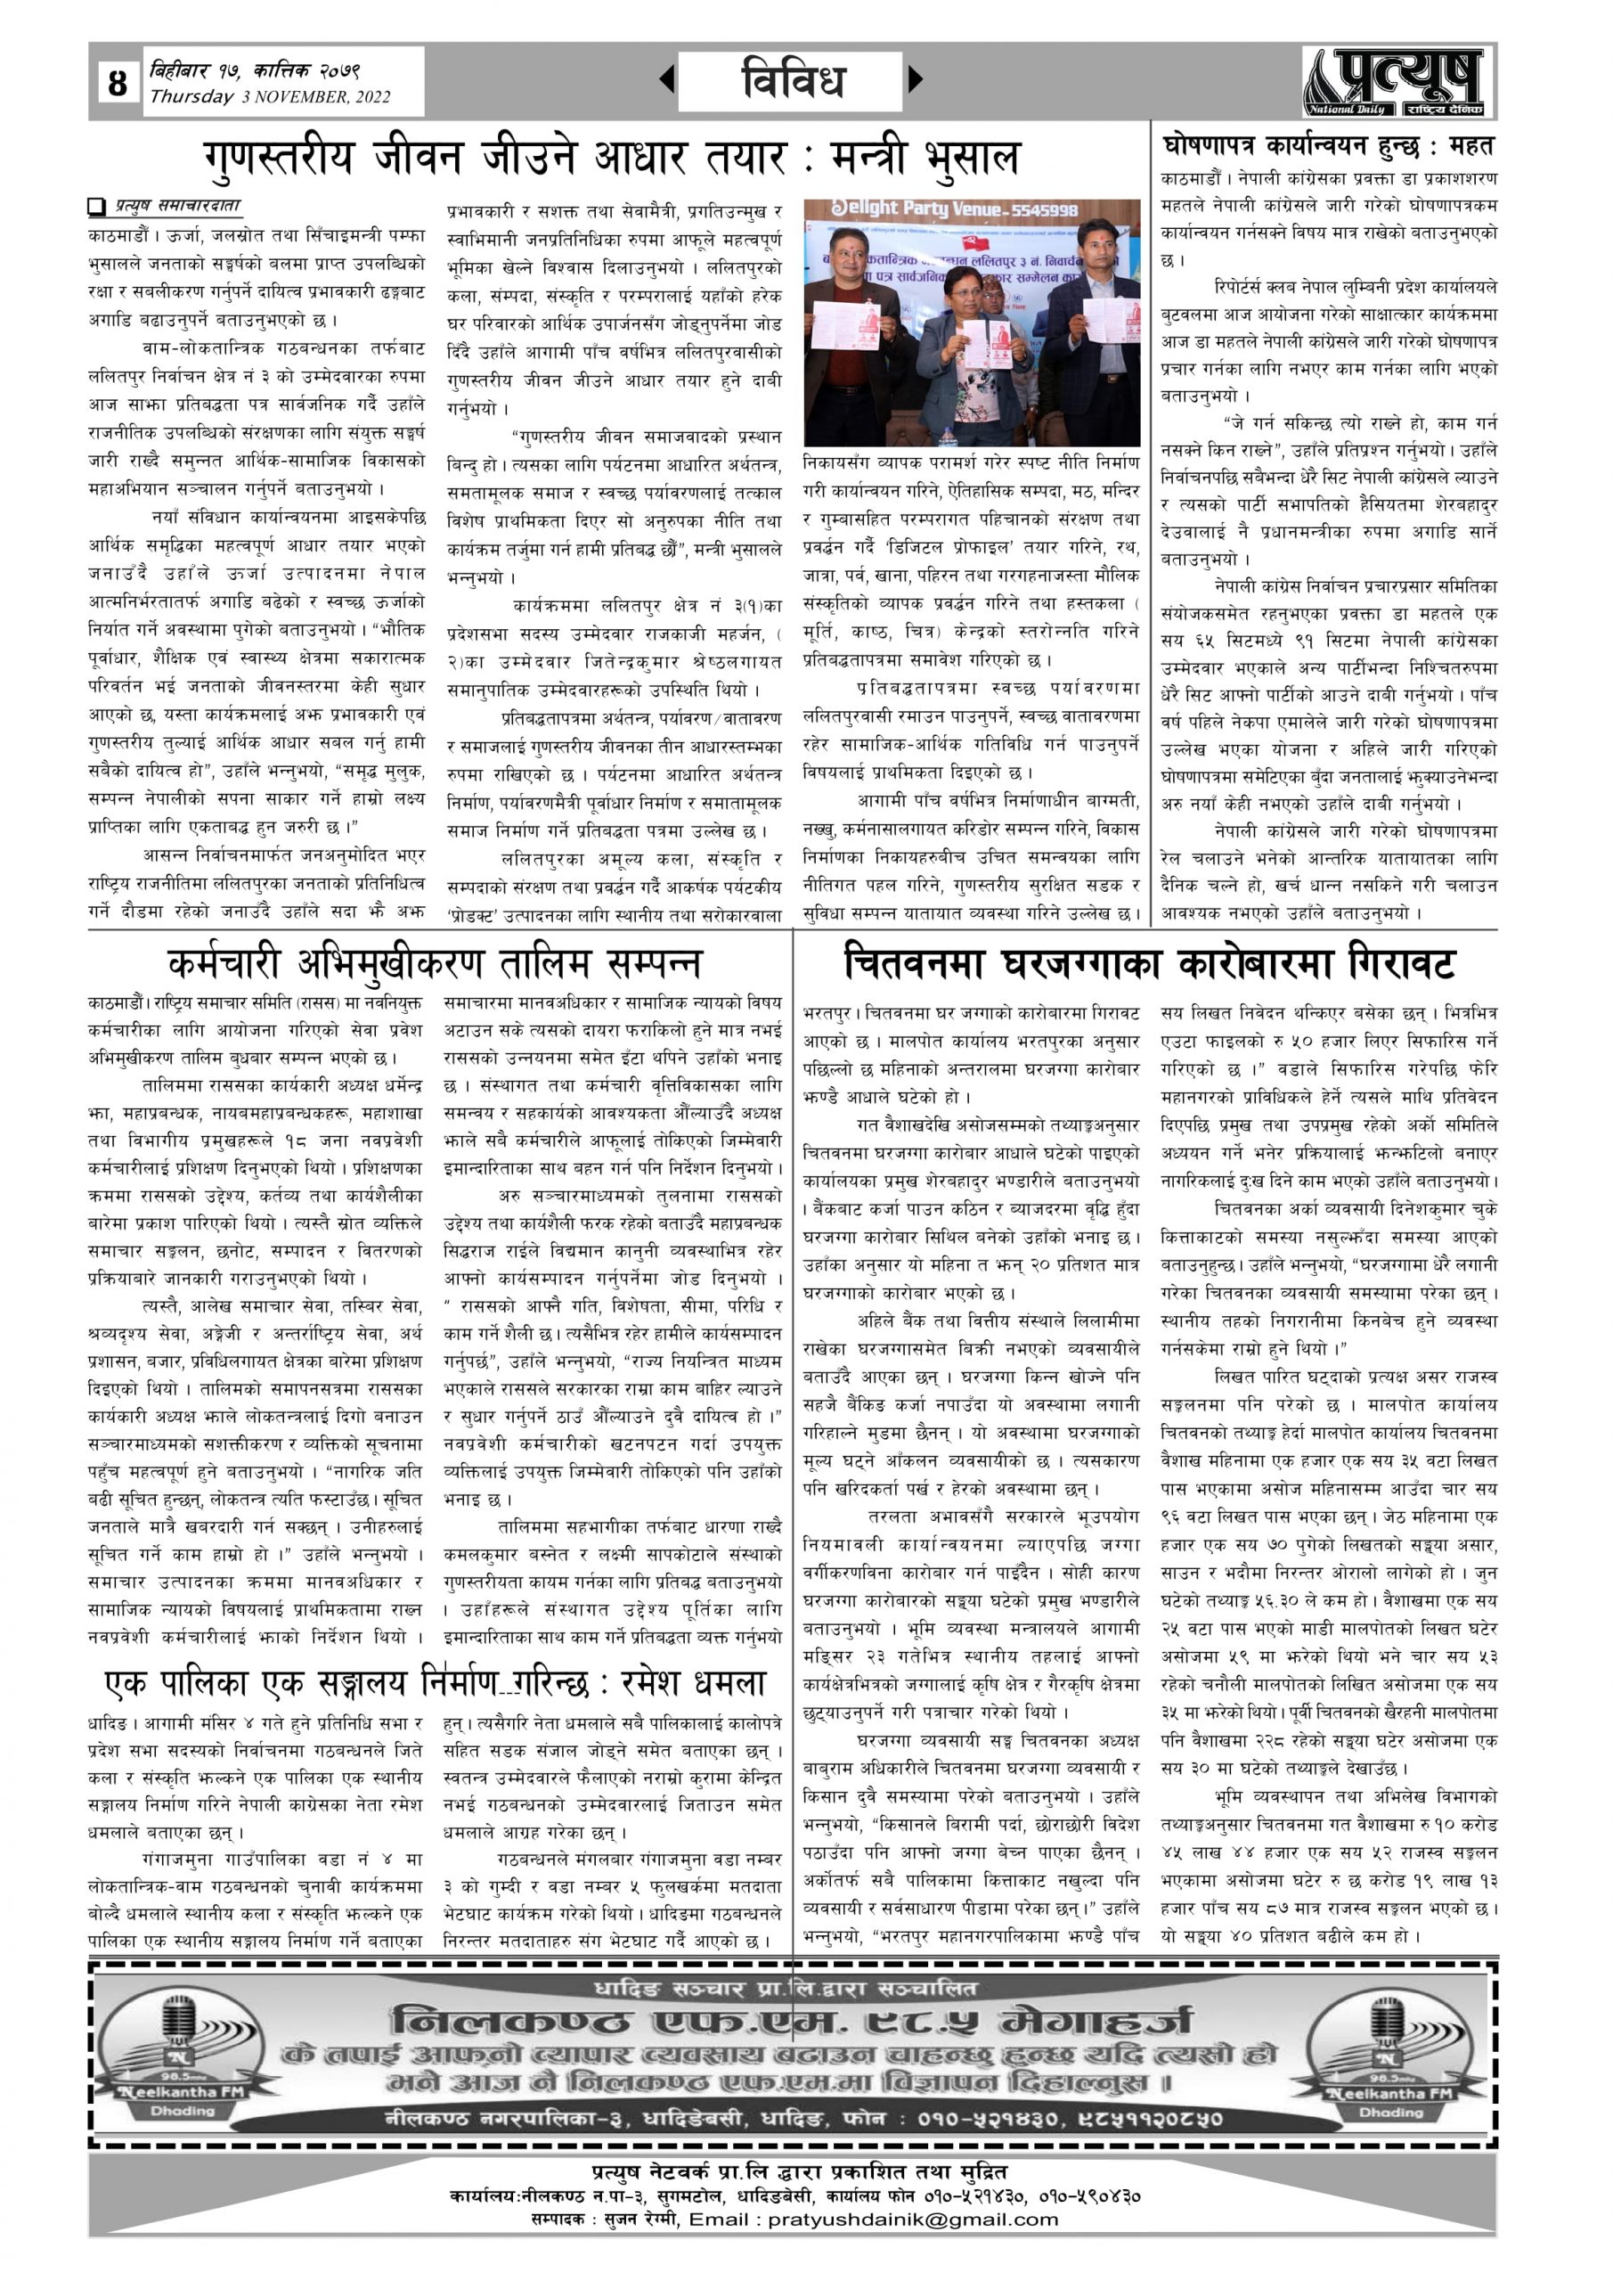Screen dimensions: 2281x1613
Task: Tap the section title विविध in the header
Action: coord(792,79)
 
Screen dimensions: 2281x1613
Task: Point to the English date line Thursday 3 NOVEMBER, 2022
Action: coord(269,97)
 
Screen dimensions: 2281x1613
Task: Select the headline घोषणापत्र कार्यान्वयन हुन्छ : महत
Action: coord(1327,146)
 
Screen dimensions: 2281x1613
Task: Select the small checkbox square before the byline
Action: coord(96,207)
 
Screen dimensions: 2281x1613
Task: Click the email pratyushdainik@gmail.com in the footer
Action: coord(913,2219)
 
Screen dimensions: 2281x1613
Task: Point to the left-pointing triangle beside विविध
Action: coord(666,78)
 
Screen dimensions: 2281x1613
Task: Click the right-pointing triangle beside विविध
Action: coord(916,78)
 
